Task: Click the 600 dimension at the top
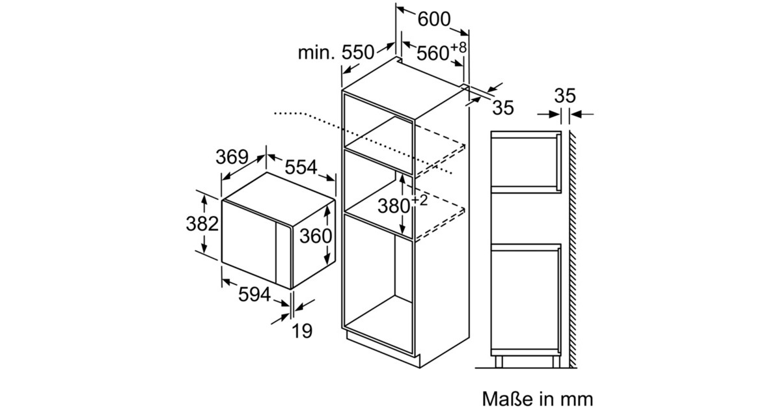pyautogui.click(x=433, y=20)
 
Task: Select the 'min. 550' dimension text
pyautogui.click(x=336, y=53)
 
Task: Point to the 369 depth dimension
pyautogui.click(x=232, y=157)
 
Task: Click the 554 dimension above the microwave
pyautogui.click(x=300, y=167)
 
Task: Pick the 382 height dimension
pyautogui.click(x=202, y=223)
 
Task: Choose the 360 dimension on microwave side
pyautogui.click(x=316, y=236)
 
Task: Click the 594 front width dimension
pyautogui.click(x=254, y=294)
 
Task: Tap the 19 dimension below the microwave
pyautogui.click(x=302, y=331)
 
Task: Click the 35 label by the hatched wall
pyautogui.click(x=565, y=96)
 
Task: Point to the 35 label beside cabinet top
pyautogui.click(x=502, y=108)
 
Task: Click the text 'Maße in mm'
pyautogui.click(x=538, y=398)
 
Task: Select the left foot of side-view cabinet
pyautogui.click(x=498, y=362)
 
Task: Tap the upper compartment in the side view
pyautogui.click(x=524, y=159)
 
